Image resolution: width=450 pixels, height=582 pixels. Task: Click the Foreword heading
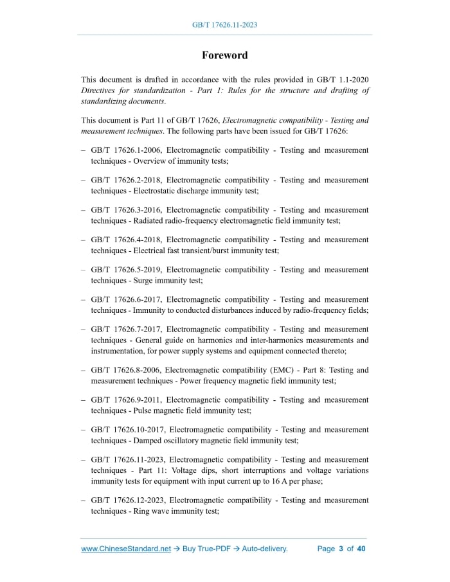click(224, 55)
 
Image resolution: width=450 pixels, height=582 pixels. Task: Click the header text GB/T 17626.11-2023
click(224, 25)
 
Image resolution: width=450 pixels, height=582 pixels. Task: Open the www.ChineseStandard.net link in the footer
click(126, 549)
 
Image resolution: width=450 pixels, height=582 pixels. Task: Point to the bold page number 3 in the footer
click(341, 549)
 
